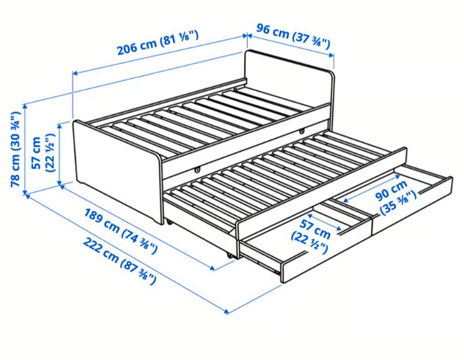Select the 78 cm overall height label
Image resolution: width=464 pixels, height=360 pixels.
pyautogui.click(x=16, y=149)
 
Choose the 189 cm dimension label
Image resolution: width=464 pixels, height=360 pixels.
pyautogui.click(x=121, y=231)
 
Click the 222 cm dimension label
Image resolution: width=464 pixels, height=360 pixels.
pyautogui.click(x=119, y=260)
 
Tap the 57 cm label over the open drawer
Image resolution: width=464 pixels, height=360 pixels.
pyautogui.click(x=311, y=236)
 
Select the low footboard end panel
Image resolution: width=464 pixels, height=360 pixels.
pyautogui.click(x=118, y=170)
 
